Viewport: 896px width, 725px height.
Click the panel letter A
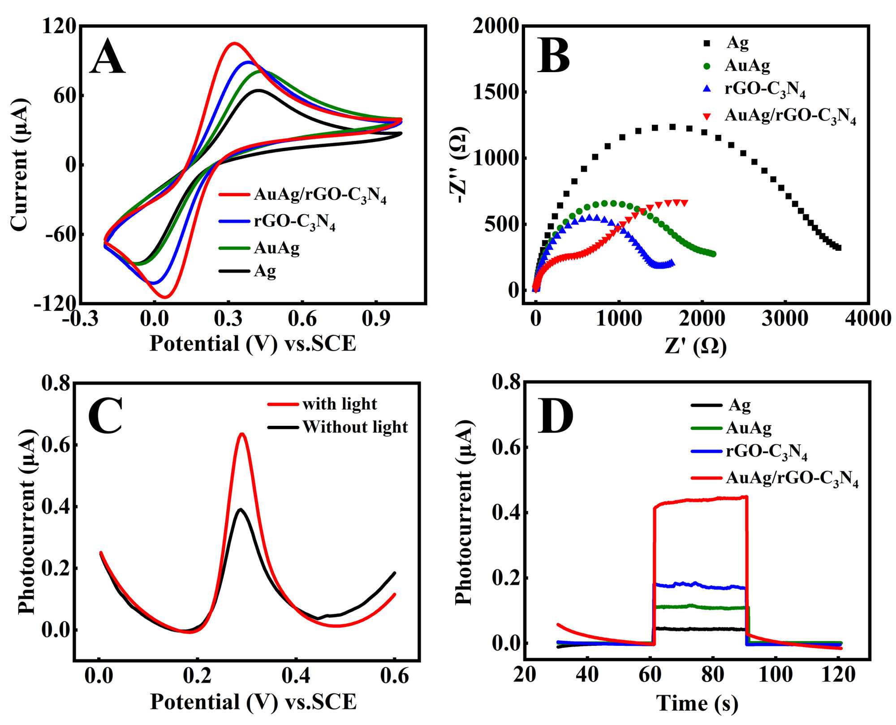108,57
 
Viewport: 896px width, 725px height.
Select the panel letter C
106,416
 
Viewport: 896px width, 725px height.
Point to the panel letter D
556,416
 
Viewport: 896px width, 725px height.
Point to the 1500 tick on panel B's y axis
495,92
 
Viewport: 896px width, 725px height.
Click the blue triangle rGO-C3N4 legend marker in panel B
707,89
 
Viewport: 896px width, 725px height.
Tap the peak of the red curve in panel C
242,433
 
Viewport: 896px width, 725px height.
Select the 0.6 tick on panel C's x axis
394,677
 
